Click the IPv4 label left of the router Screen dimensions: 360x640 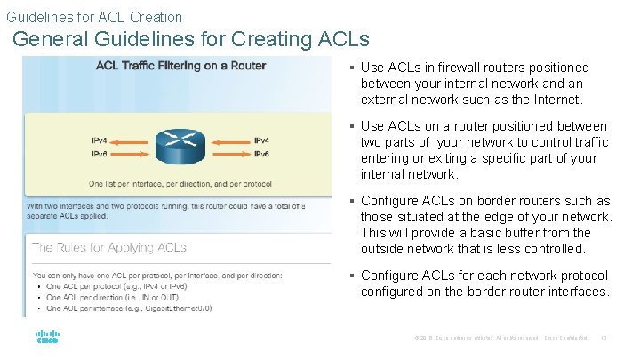(x=101, y=140)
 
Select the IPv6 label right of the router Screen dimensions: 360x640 (x=261, y=154)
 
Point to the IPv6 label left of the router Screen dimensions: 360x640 (x=101, y=154)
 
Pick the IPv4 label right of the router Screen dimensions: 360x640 (x=261, y=140)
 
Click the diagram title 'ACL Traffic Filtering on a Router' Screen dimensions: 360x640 (x=174, y=65)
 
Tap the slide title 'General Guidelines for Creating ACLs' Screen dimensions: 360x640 (x=191, y=39)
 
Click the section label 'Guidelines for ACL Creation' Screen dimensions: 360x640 (x=94, y=17)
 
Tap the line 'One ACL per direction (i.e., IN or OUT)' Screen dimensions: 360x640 (x=124, y=297)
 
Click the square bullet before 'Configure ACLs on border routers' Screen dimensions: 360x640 (x=352, y=201)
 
